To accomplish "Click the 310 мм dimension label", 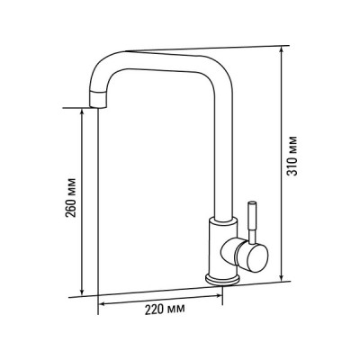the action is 292,156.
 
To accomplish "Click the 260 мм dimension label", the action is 71,198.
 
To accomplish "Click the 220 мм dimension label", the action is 165,310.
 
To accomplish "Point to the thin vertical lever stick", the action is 252,220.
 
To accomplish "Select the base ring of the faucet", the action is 222,279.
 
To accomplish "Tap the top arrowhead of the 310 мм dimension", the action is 282,49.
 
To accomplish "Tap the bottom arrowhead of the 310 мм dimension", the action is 282,278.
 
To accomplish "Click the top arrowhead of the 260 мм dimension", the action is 82,112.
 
